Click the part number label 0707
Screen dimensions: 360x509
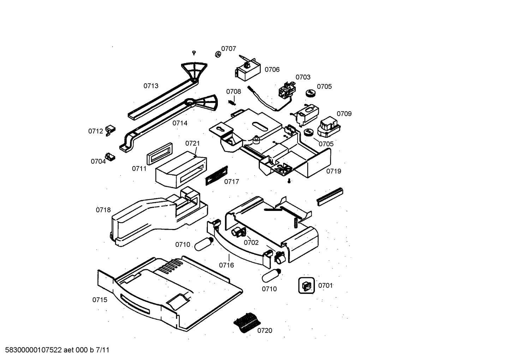(228, 49)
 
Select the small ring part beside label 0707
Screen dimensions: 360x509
(218, 54)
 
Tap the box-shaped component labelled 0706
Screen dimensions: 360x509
(248, 70)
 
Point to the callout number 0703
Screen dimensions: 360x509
(303, 77)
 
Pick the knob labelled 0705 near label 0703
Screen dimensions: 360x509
(310, 93)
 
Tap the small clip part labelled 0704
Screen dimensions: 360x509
(110, 157)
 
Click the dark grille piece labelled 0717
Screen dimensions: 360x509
(216, 175)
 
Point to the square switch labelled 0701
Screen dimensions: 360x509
(306, 285)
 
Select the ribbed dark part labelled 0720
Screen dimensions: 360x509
(246, 322)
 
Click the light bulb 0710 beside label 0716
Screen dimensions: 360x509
(204, 244)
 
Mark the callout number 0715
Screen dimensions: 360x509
(100, 300)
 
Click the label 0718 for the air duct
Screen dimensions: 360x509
(103, 210)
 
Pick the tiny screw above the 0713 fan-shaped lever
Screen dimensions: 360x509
(194, 53)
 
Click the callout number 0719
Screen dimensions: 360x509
(333, 171)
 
